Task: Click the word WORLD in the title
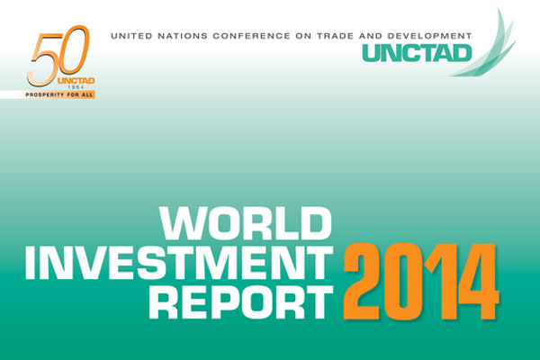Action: tap(245, 223)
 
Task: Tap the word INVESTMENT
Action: tap(179, 263)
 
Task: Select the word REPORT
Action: tap(240, 302)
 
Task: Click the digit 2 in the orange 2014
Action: tap(362, 281)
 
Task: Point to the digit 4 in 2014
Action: tap(479, 281)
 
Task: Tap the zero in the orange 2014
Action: tap(401, 281)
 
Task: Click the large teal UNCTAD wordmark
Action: tap(417, 53)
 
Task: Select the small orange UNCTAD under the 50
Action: tap(76, 81)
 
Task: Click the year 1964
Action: tap(76, 87)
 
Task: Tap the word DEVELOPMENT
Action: tap(429, 36)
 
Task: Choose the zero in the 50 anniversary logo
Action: tap(73, 51)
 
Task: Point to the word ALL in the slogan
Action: tap(86, 94)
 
